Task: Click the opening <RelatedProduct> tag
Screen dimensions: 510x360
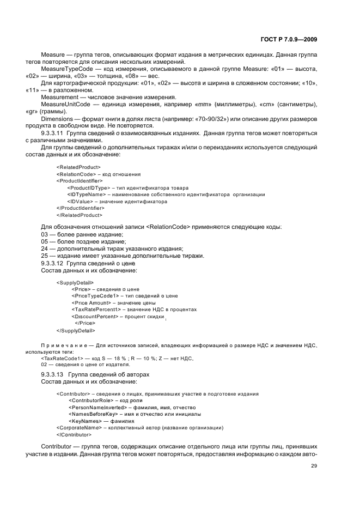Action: pos(78,167)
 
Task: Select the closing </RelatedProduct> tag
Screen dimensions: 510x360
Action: pos(80,215)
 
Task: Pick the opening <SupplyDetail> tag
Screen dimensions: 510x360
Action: pos(75,282)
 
